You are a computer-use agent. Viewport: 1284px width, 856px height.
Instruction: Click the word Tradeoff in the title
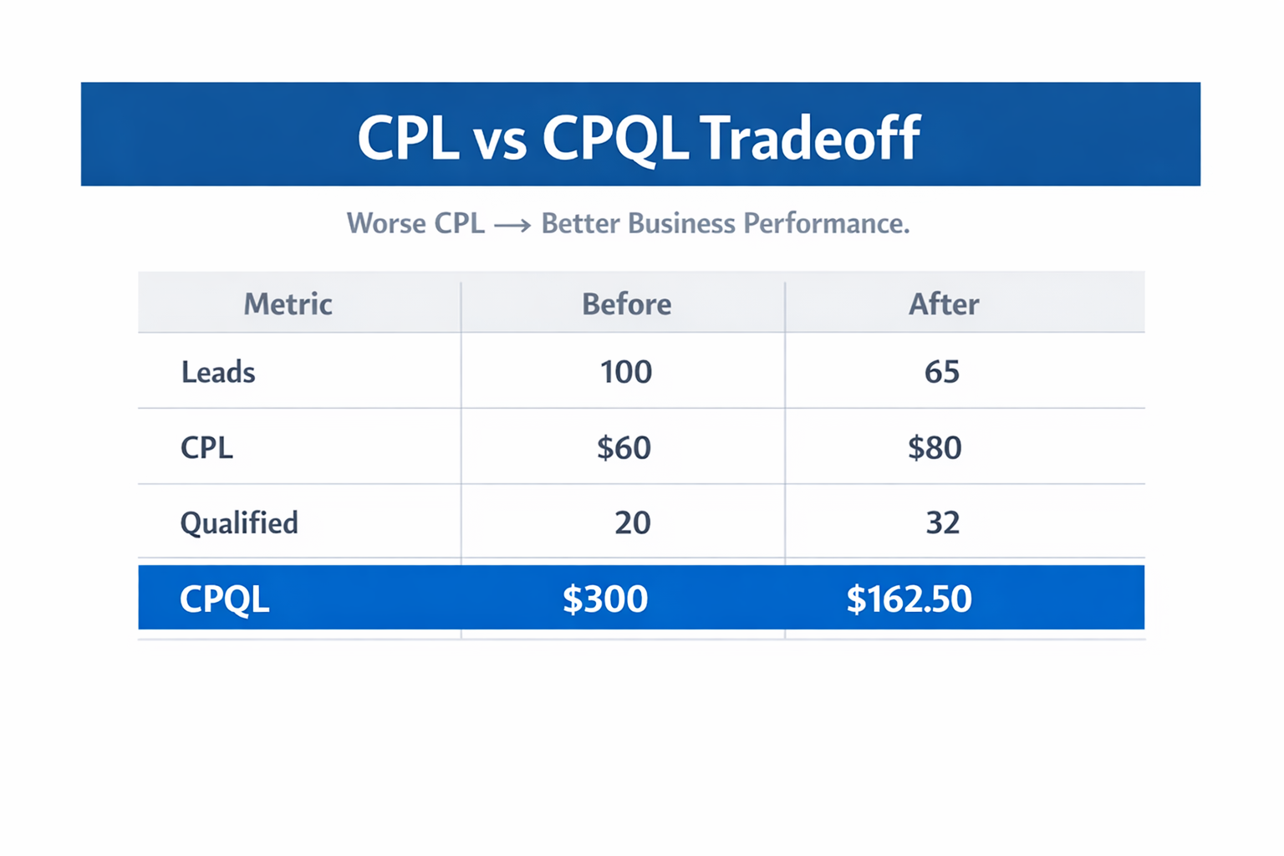[810, 137]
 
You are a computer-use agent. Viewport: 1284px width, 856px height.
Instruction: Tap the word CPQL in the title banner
[614, 139]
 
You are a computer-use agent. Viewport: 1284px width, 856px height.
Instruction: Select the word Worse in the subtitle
[385, 223]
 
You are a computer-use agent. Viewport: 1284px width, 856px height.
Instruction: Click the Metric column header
[288, 303]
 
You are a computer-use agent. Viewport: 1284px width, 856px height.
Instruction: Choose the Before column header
[626, 303]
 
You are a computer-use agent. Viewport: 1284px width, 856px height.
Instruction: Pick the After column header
[943, 303]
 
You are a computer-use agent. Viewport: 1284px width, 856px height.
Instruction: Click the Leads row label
[218, 372]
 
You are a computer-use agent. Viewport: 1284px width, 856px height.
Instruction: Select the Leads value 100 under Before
[625, 372]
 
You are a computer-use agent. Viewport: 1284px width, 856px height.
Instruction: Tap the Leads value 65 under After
[941, 372]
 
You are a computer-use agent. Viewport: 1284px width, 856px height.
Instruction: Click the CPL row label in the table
[206, 448]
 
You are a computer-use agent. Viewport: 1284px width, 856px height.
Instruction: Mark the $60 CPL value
[624, 448]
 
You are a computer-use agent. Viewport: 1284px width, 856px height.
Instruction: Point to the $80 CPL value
[935, 448]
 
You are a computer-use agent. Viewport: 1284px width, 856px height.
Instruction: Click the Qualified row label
[239, 523]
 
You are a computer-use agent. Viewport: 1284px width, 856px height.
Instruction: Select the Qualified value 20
[632, 523]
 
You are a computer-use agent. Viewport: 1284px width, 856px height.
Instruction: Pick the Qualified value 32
[942, 523]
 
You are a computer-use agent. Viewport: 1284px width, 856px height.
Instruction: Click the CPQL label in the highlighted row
[224, 599]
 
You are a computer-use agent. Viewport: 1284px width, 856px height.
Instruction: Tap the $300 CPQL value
[604, 599]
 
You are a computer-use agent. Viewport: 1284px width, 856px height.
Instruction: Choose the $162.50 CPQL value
[909, 599]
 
